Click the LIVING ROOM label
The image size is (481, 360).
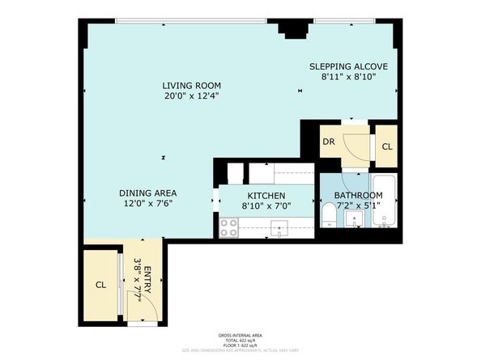click(x=191, y=85)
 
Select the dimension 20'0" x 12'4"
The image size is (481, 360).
click(x=191, y=96)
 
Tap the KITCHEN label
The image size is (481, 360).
click(x=266, y=196)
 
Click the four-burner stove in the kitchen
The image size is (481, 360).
click(x=229, y=231)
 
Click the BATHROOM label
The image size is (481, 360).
click(x=358, y=196)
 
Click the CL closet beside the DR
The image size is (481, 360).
click(x=387, y=146)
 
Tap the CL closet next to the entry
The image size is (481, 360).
click(x=101, y=285)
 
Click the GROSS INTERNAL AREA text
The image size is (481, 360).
click(x=240, y=334)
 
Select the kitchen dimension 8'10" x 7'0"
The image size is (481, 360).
click(x=266, y=206)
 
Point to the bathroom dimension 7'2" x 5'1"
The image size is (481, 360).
click(x=358, y=206)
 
